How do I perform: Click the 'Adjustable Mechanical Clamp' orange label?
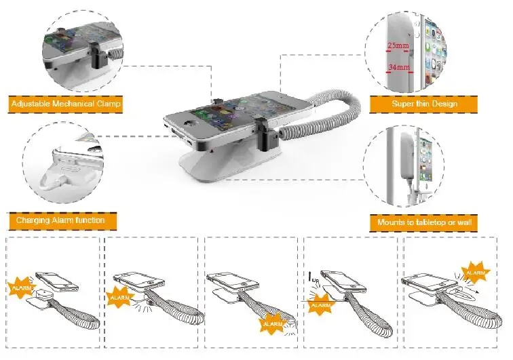(65, 104)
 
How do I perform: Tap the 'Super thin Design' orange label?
(423, 104)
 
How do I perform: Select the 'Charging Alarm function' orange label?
(61, 221)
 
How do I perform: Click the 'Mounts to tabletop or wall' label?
(423, 223)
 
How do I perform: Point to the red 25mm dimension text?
(398, 45)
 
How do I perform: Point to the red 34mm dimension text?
(399, 67)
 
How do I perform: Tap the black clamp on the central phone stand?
(266, 135)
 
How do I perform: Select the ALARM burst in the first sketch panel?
(22, 287)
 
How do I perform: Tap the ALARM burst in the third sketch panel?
(273, 323)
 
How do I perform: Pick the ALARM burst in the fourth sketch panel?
(320, 304)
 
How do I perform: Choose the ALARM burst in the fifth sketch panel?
(476, 273)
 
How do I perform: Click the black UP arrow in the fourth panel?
(310, 277)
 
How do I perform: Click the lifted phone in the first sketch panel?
(57, 281)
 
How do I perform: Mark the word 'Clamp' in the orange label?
(109, 104)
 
